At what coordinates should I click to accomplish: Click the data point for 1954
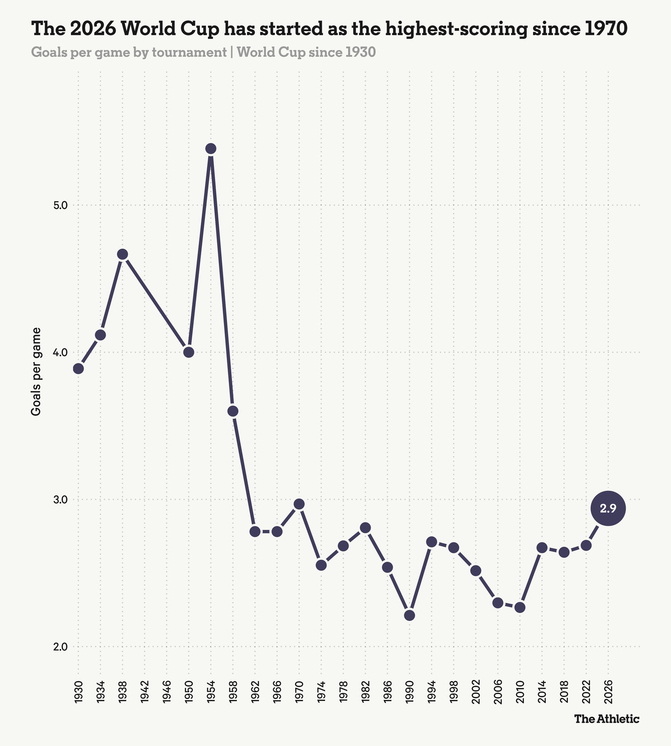[211, 149]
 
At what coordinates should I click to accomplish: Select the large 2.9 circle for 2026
[608, 508]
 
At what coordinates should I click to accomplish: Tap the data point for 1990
[410, 615]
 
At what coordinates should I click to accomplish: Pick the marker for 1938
[122, 254]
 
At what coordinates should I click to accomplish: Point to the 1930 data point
[78, 368]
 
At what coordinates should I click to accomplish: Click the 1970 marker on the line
[299, 504]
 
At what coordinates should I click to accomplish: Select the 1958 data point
[233, 411]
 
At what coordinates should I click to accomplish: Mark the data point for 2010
[520, 607]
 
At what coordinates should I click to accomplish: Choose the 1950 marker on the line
[189, 352]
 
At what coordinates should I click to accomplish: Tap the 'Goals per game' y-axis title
[36, 371]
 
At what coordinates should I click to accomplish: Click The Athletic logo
[607, 719]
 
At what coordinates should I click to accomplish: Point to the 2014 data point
[542, 548]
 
